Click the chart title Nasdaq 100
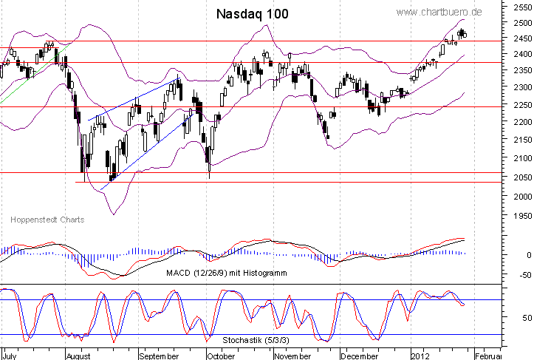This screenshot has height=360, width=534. pyautogui.click(x=253, y=14)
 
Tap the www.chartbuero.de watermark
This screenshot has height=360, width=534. pyautogui.click(x=450, y=12)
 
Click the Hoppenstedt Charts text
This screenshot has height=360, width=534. pyautogui.click(x=47, y=220)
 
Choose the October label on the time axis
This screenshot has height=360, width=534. pyautogui.click(x=221, y=355)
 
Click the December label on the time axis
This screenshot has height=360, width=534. pyautogui.click(x=362, y=355)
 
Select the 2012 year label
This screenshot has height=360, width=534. pyautogui.click(x=420, y=355)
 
